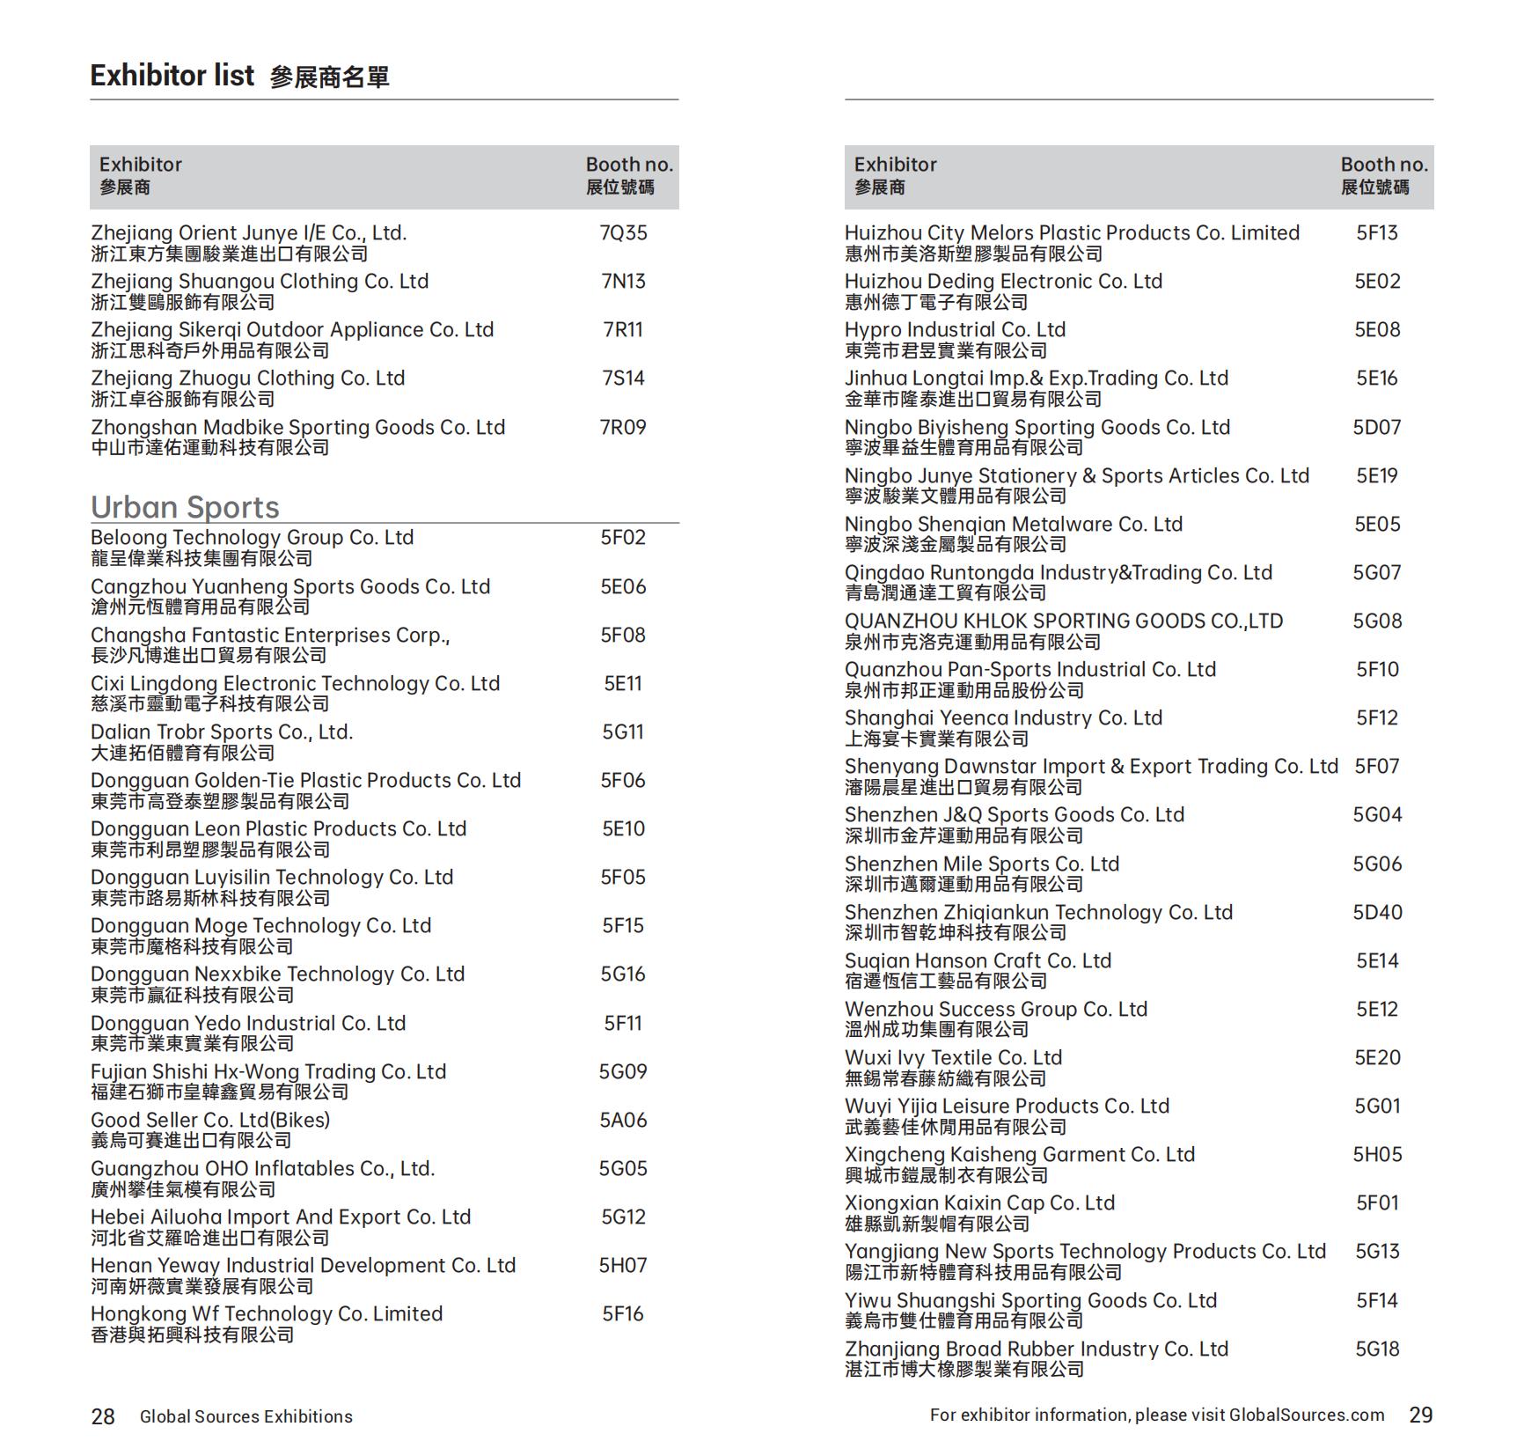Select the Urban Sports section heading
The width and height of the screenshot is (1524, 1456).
[x=185, y=507]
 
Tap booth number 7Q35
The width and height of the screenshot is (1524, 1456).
[x=623, y=233]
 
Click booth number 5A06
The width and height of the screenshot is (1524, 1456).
[x=623, y=1120]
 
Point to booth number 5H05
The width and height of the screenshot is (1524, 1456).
[x=1377, y=1154]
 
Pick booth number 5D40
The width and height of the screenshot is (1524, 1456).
[x=1377, y=912]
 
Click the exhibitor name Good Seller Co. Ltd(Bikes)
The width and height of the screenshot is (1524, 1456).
[x=210, y=1120]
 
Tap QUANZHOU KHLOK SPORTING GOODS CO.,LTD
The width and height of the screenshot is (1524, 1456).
[x=1063, y=621]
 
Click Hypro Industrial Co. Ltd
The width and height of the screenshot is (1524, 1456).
[x=955, y=329]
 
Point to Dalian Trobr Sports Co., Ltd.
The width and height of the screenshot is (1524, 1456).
[x=222, y=732]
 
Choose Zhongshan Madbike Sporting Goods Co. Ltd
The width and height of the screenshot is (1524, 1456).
[x=297, y=427]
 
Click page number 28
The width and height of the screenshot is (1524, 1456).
[x=103, y=1416]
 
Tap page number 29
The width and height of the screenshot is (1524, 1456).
[x=1420, y=1415]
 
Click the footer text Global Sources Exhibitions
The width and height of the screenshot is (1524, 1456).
[x=246, y=1416]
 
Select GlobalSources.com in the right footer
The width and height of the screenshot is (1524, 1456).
[x=1306, y=1415]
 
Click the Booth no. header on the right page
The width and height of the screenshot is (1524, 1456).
[x=1383, y=165]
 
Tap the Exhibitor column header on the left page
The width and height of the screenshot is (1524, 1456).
[x=141, y=165]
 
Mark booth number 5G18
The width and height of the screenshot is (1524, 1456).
[x=1377, y=1349]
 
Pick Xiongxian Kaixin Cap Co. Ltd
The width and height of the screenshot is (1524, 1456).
[x=979, y=1202]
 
